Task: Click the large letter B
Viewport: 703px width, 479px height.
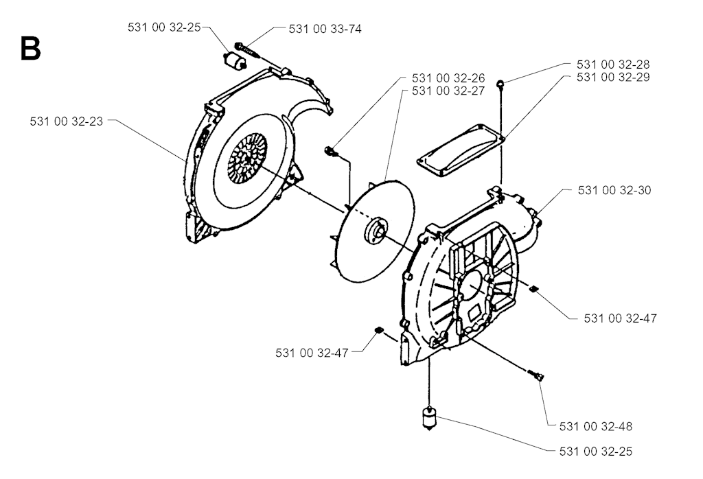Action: point(30,49)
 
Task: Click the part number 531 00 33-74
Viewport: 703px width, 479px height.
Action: point(325,29)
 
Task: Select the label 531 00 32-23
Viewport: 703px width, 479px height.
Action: point(67,121)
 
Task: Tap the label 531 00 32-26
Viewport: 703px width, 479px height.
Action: point(448,78)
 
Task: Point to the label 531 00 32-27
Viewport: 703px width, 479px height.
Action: point(448,91)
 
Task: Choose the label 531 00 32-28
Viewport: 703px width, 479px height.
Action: point(613,65)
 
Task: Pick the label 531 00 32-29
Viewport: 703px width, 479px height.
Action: point(613,77)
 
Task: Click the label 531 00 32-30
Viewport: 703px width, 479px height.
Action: point(614,191)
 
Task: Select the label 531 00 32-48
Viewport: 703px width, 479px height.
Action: point(596,427)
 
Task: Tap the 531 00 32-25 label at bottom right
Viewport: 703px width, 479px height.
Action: point(596,452)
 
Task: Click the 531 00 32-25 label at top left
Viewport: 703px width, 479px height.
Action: point(164,27)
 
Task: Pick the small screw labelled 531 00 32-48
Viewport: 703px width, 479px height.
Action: point(535,375)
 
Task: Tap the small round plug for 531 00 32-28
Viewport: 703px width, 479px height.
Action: point(500,83)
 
